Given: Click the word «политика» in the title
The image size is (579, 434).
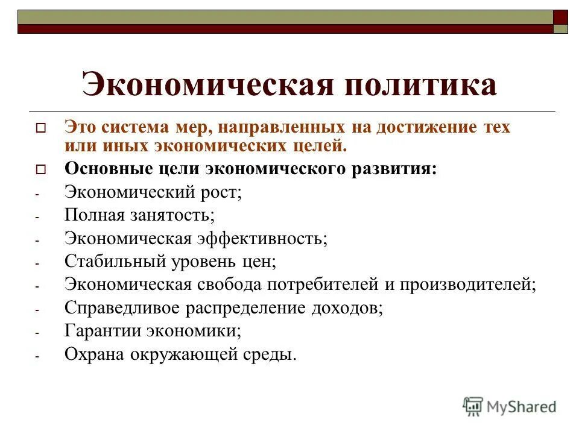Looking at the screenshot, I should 420,84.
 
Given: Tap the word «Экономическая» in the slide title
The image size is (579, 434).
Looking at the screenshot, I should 207,84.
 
